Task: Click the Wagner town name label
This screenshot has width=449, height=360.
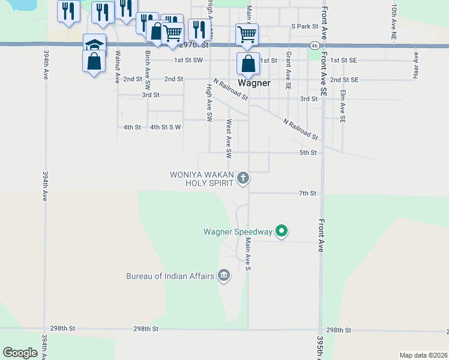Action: click(254, 83)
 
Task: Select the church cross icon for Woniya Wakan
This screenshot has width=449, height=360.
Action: click(243, 178)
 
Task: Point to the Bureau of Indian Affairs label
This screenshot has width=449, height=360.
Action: click(170, 276)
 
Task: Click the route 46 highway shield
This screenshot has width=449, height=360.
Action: click(315, 46)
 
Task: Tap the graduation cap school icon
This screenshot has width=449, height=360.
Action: click(95, 45)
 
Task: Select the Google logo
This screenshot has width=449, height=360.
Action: click(20, 353)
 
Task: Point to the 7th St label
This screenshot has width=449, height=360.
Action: click(307, 193)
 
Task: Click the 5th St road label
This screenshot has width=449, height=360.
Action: click(308, 153)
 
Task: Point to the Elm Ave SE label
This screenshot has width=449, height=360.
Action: click(343, 107)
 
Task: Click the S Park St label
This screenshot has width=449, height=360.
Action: click(303, 26)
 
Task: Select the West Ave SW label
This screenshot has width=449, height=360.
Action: click(229, 139)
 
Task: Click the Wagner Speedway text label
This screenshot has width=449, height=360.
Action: click(238, 231)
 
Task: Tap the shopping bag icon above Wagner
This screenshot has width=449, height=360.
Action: click(248, 62)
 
